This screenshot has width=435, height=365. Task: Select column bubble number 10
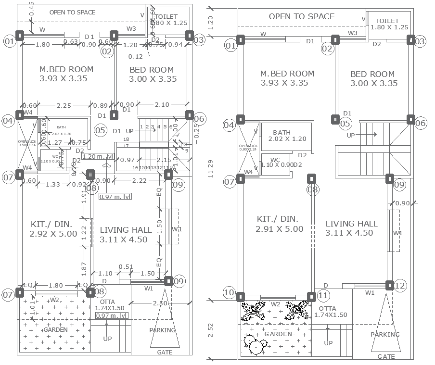click(x=229, y=292)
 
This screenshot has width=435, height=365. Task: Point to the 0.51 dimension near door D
click(x=126, y=267)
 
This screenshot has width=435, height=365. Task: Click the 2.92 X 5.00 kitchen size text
click(x=53, y=234)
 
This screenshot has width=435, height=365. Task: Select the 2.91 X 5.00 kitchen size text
click(x=280, y=229)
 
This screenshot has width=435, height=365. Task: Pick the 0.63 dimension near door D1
click(x=71, y=42)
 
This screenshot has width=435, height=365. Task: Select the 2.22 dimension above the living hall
click(x=140, y=180)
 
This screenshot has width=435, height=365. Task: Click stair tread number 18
click(x=127, y=139)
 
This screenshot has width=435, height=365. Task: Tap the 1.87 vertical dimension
click(x=84, y=268)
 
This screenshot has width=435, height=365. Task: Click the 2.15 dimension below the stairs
click(x=164, y=160)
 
